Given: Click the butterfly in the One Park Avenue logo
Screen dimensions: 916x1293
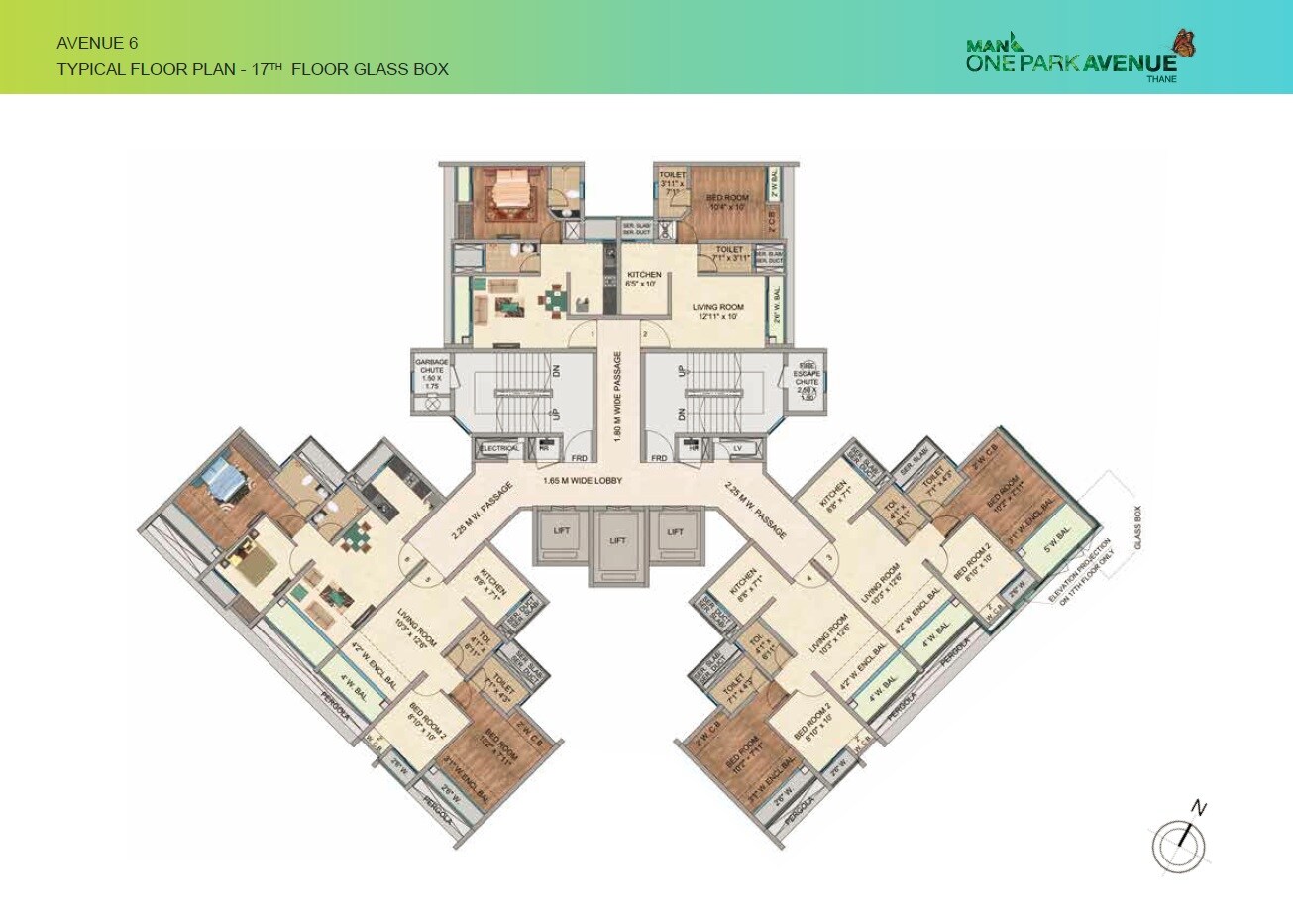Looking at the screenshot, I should pyautogui.click(x=1184, y=44).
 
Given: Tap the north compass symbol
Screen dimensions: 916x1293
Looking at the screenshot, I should pyautogui.click(x=1180, y=846).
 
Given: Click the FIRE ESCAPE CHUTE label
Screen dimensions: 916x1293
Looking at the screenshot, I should pyautogui.click(x=807, y=380).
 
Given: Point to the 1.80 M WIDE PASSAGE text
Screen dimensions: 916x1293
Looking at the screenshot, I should pyautogui.click(x=617, y=397).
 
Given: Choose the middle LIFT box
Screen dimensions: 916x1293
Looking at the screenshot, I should pyautogui.click(x=618, y=541).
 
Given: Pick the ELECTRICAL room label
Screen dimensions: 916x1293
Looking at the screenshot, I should pyautogui.click(x=498, y=448).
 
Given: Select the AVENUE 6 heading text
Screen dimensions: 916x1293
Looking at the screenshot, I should pyautogui.click(x=97, y=43).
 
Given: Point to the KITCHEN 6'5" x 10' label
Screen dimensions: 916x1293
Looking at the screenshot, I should pyautogui.click(x=642, y=279).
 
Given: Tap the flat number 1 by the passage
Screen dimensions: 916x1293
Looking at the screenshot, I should pyautogui.click(x=592, y=335).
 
